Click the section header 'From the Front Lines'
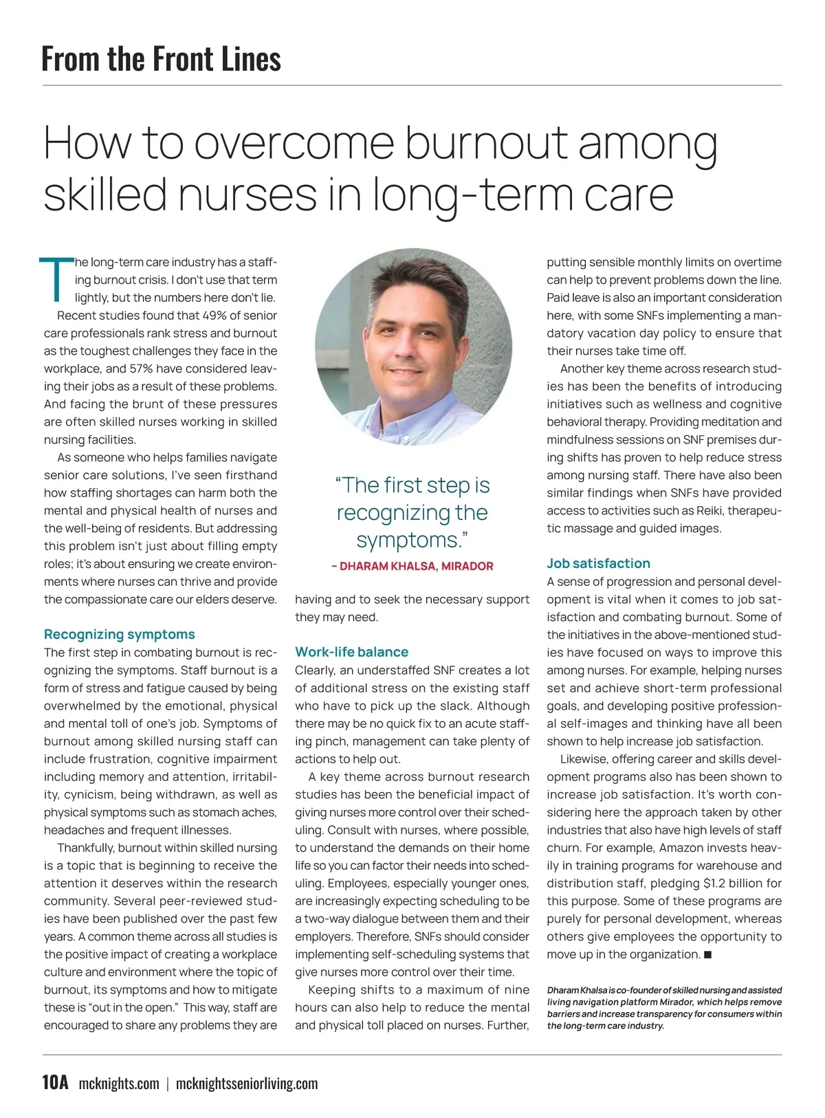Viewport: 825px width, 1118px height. [x=161, y=58]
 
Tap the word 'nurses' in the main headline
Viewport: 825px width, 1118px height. [x=248, y=194]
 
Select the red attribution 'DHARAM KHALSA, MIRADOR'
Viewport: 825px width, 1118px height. [x=412, y=567]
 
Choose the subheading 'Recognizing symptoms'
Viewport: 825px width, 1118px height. [x=120, y=635]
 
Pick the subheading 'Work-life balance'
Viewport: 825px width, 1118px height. [x=352, y=652]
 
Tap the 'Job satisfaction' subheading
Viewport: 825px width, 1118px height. [x=598, y=563]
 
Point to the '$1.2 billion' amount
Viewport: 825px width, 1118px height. [x=737, y=884]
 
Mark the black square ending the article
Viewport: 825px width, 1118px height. [x=709, y=954]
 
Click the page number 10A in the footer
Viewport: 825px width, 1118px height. [x=56, y=1084]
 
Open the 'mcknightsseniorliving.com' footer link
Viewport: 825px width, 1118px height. [x=247, y=1084]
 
